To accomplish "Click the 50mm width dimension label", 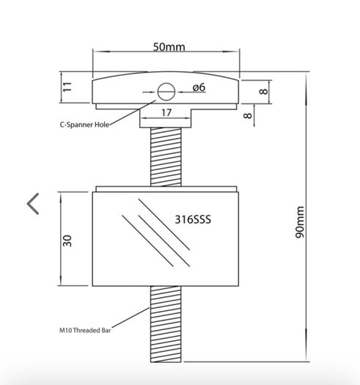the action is click(x=169, y=47).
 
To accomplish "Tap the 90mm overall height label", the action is click(x=300, y=222).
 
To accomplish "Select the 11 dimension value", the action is click(x=67, y=87).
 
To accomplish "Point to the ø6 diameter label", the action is click(x=199, y=87).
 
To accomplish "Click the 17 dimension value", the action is click(x=166, y=113).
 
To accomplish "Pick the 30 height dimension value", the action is click(x=67, y=241).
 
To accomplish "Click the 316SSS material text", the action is click(x=193, y=219).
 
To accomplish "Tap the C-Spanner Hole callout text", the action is click(x=84, y=125).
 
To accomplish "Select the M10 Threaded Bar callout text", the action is click(x=85, y=330).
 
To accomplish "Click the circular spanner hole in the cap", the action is click(x=166, y=92).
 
